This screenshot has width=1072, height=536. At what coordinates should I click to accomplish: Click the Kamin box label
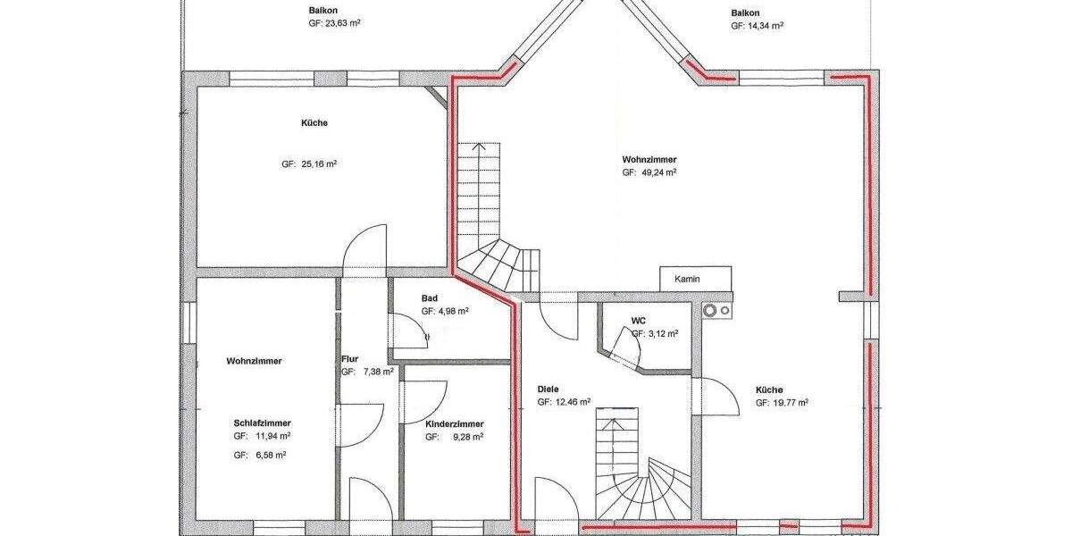(x=687, y=279)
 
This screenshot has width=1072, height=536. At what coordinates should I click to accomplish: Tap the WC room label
(x=638, y=319)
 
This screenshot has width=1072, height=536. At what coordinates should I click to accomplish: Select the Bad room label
(x=430, y=297)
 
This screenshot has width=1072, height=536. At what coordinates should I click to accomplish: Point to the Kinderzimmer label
(x=455, y=423)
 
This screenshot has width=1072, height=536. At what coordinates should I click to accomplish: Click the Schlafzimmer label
(x=263, y=423)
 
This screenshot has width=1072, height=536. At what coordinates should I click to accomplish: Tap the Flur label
(x=349, y=360)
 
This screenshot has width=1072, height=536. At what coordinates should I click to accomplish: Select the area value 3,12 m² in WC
(x=661, y=333)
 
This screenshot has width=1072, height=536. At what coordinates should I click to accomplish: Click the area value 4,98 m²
(x=452, y=312)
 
